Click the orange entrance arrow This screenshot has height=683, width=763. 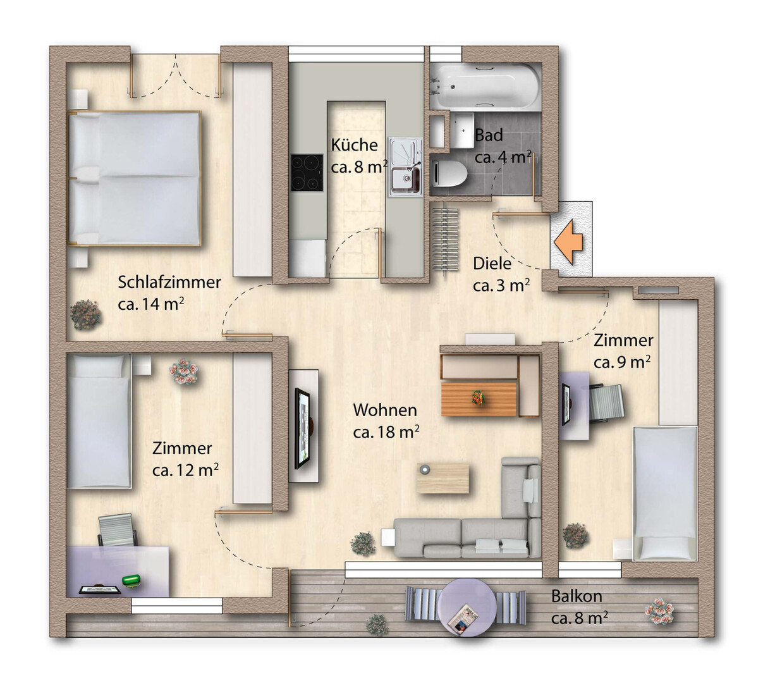click(568, 242)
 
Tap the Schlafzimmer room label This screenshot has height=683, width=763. click(169, 283)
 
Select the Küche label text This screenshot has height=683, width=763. click(354, 145)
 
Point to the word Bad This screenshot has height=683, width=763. click(489, 135)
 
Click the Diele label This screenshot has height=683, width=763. click(492, 263)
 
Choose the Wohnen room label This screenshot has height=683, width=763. click(385, 410)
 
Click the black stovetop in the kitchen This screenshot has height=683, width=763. click(307, 173)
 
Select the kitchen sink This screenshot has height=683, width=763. click(406, 167)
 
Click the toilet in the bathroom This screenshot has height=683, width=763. click(449, 174)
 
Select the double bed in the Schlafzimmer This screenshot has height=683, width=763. click(134, 178)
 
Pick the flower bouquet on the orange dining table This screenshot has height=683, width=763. click(477, 397)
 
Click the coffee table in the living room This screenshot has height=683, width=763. click(443, 478)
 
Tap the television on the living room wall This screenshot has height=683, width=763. click(302, 428)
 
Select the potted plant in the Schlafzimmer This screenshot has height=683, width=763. click(86, 315)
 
